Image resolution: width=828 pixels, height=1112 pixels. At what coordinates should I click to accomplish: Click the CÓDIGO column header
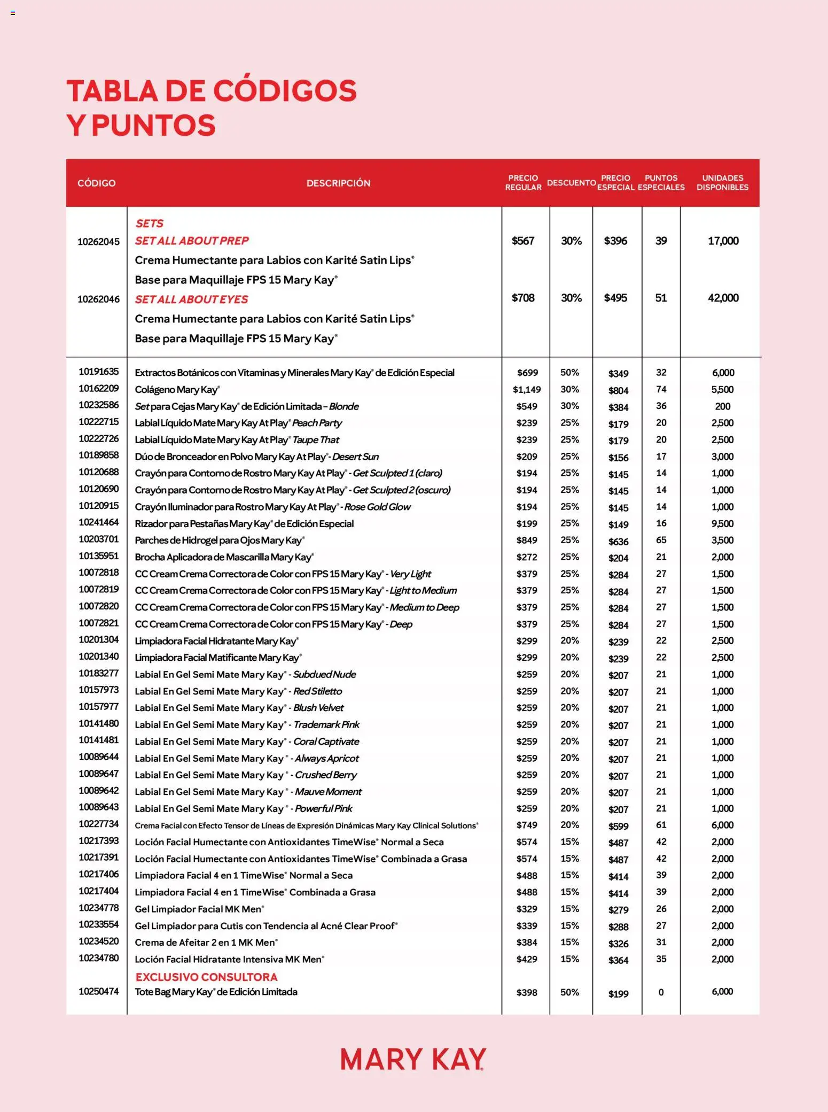tap(96, 183)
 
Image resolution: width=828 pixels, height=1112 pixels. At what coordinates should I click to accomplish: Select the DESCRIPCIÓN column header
tap(338, 183)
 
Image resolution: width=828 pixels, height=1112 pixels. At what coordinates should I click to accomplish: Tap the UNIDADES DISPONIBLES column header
tap(722, 182)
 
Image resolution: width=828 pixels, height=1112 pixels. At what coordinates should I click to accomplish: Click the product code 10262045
tap(98, 242)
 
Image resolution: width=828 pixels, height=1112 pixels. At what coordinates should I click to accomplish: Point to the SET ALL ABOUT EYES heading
tap(191, 299)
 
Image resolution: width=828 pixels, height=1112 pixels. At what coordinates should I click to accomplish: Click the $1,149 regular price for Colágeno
tap(526, 390)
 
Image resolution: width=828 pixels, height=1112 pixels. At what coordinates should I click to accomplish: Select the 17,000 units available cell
tap(723, 241)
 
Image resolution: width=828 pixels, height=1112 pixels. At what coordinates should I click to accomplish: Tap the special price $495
tap(615, 298)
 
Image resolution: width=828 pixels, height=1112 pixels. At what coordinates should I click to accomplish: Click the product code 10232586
tap(98, 405)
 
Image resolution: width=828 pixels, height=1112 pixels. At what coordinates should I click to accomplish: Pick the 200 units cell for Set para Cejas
tap(722, 406)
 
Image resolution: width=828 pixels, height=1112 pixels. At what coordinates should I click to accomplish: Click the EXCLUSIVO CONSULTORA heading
tap(206, 977)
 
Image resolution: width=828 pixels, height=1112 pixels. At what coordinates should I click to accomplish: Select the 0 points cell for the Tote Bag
tap(661, 992)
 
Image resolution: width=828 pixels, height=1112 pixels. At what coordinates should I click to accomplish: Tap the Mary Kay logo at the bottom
tap(413, 1059)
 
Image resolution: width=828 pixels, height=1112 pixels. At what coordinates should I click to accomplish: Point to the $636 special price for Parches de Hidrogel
tap(618, 542)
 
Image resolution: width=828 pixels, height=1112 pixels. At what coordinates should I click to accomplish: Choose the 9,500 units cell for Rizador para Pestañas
tap(722, 524)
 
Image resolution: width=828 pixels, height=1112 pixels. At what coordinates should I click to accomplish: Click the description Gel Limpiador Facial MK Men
tap(199, 909)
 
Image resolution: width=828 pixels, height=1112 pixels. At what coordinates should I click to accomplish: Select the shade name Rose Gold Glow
tap(377, 507)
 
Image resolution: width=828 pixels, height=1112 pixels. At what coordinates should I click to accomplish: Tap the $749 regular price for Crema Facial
tap(526, 825)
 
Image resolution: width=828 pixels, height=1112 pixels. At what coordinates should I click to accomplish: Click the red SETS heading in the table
tap(149, 223)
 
